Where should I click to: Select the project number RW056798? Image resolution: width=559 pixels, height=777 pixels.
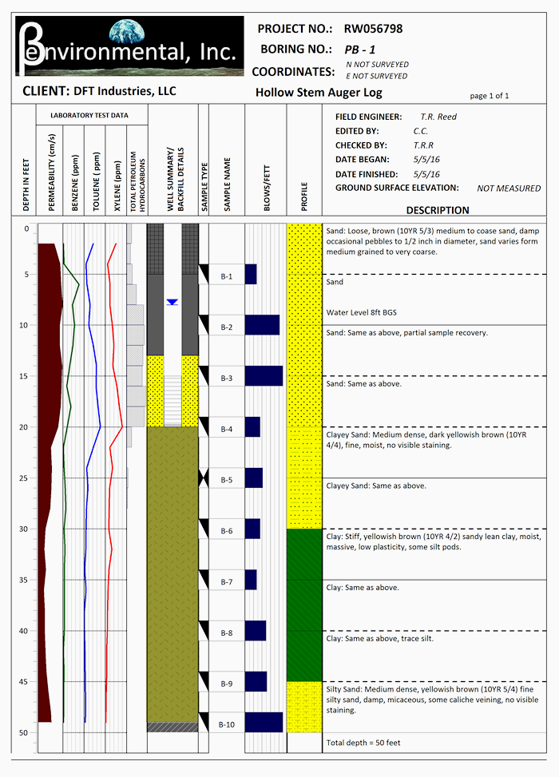373,29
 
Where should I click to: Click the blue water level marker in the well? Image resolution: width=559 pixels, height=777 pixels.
172,302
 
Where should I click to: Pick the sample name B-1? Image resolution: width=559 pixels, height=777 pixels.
227,277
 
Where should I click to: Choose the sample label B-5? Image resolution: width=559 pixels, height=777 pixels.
227,480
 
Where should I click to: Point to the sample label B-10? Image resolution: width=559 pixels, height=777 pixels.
227,724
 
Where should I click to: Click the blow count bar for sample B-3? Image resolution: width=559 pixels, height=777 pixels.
264,375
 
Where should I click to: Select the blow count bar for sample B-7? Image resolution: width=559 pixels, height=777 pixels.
251,579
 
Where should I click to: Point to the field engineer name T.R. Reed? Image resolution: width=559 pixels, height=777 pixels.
438,117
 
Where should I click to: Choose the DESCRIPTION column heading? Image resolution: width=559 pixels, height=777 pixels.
438,211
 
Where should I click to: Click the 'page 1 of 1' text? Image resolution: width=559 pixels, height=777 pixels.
490,96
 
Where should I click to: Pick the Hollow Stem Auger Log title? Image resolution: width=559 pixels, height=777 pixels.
319,93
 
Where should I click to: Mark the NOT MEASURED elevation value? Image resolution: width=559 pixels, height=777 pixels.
509,188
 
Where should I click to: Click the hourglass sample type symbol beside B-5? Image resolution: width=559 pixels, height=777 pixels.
204,478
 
